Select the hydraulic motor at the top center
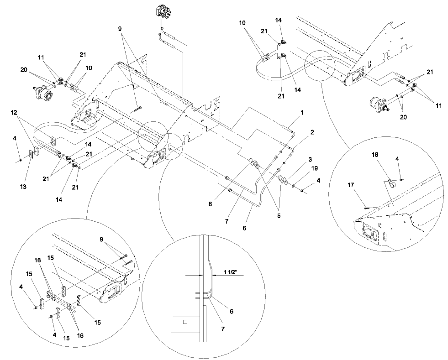click(x=162, y=12)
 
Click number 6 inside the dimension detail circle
click(x=231, y=311)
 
